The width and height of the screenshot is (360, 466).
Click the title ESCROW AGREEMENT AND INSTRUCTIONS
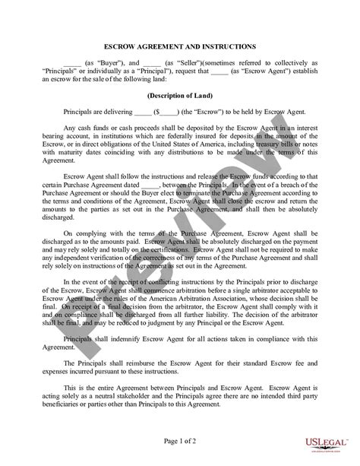click(x=181, y=46)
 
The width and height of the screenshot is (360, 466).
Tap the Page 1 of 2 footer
click(x=181, y=441)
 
